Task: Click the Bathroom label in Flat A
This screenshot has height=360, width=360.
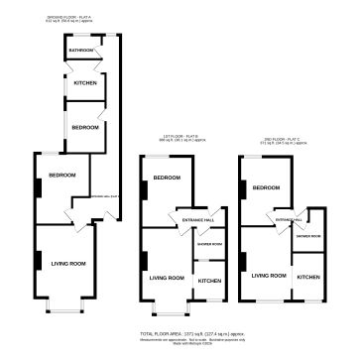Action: click(x=81, y=50)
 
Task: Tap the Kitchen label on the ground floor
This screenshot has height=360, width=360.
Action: click(x=84, y=84)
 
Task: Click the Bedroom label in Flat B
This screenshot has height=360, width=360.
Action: click(x=167, y=178)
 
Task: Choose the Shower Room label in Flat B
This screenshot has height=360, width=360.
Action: click(x=209, y=243)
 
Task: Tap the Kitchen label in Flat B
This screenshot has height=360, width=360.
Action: click(x=209, y=281)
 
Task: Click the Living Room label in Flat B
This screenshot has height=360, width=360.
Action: click(x=167, y=279)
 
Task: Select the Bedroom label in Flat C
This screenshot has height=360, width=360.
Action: click(x=266, y=187)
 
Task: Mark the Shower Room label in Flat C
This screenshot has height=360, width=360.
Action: click(x=305, y=235)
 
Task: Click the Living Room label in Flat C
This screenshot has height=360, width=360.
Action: click(x=268, y=275)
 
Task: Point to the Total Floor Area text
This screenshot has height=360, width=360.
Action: click(x=180, y=334)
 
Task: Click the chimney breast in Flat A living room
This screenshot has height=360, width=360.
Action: click(x=39, y=261)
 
